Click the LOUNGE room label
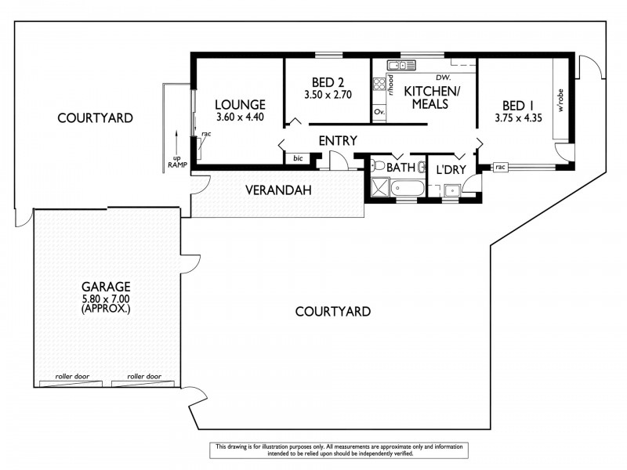pos(241,104)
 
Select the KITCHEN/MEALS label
pos(432,97)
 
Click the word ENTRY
pos(338,141)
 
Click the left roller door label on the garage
pos(72,377)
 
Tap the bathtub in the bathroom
pos(408,189)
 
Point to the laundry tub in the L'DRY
pos(451,190)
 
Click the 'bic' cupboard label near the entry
pos(297,158)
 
